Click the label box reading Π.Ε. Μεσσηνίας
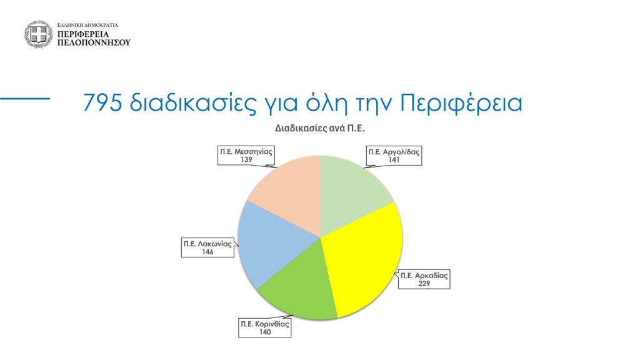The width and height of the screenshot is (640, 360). (x=246, y=156)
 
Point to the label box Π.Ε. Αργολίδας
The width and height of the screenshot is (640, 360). (x=394, y=156)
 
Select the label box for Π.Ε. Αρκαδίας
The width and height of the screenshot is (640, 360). (x=424, y=279)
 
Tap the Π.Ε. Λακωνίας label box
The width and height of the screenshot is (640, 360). (x=207, y=247)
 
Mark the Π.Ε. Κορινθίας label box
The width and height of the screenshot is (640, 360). (x=265, y=327)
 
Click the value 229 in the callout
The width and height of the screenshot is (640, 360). (x=424, y=283)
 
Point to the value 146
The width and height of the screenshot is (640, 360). (x=207, y=252)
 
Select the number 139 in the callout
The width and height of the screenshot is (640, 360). (x=246, y=159)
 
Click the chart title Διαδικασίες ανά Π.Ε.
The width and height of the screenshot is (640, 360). (x=320, y=128)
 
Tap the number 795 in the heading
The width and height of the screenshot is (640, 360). (x=102, y=102)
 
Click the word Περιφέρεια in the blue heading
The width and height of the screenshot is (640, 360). (x=461, y=103)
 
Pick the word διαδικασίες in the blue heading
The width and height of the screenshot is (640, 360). (x=192, y=102)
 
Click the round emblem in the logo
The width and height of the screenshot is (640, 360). (x=38, y=34)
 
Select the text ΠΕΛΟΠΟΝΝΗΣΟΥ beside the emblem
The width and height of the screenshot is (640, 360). (x=94, y=42)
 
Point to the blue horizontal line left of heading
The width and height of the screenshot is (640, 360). (x=25, y=98)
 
